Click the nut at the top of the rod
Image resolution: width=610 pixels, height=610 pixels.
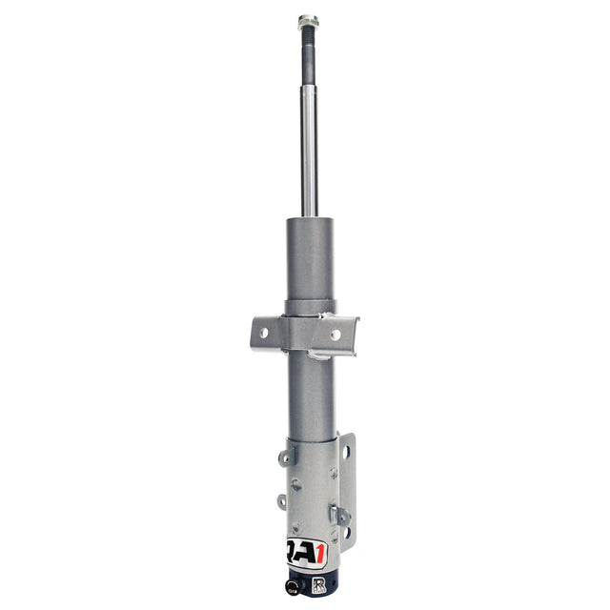308,21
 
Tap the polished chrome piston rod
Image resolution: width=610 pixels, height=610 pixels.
309,152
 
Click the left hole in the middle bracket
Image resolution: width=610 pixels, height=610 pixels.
262,333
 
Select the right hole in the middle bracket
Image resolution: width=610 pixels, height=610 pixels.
335,335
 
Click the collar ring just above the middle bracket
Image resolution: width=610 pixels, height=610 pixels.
309,307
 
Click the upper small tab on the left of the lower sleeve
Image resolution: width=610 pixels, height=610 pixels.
284,457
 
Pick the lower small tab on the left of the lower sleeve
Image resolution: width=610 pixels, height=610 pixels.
283,500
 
